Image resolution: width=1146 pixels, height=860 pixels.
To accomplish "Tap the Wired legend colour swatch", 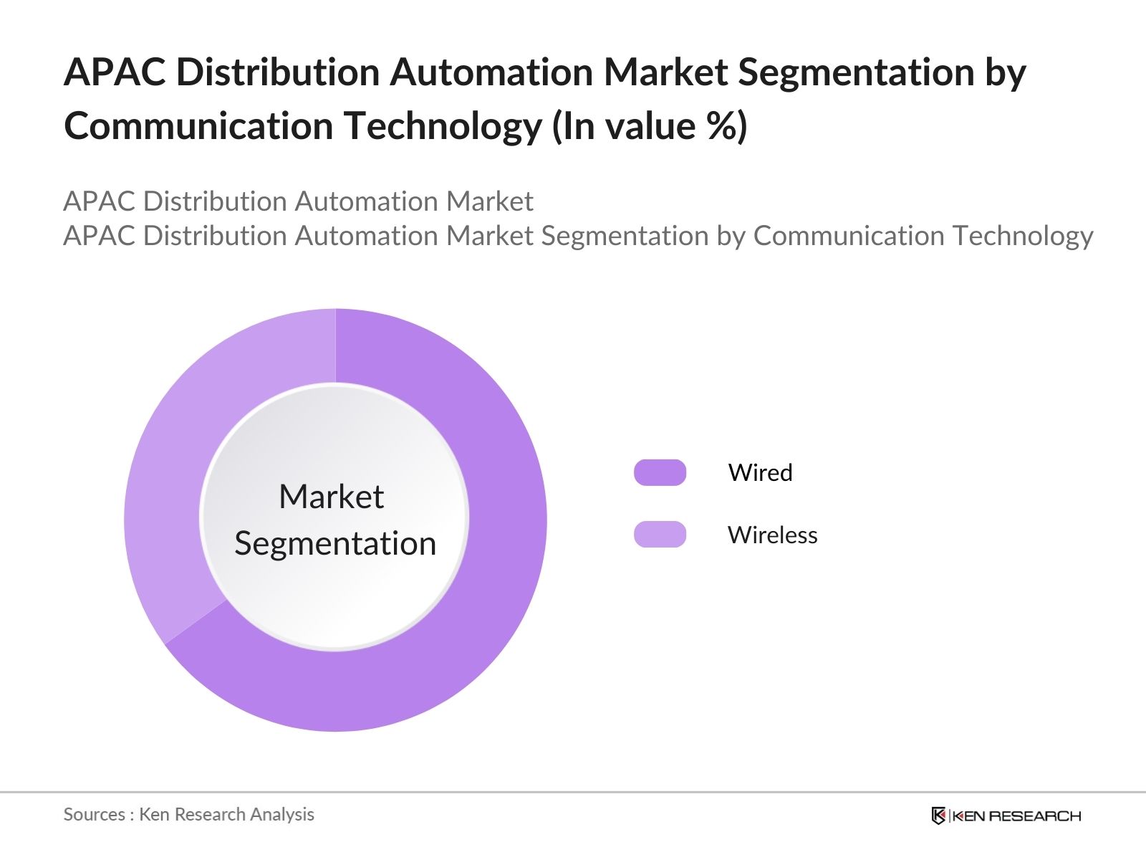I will tap(660, 473).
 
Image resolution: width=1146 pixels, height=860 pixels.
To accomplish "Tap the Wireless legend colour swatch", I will tap(660, 535).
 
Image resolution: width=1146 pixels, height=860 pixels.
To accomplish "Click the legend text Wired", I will tap(760, 473).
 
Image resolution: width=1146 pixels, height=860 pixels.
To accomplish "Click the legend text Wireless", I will tap(772, 535).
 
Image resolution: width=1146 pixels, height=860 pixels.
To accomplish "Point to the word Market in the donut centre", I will tap(331, 497).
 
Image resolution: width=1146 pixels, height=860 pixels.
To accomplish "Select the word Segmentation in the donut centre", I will tap(335, 543).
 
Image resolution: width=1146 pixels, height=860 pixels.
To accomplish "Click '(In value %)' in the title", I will tap(650, 126).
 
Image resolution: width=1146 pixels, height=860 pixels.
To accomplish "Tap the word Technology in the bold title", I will tap(443, 126).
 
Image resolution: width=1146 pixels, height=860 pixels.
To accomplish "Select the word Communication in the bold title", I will tap(198, 126).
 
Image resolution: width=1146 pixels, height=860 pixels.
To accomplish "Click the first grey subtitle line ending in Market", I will tap(298, 201).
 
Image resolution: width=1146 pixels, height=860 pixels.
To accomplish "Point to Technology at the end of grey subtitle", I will tap(1022, 236).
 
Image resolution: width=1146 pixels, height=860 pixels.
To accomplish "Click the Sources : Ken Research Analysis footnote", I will tap(188, 814).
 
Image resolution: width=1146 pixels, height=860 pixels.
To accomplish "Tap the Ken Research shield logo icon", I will tap(938, 816).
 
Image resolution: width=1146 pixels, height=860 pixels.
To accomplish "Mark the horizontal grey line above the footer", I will tap(573, 792).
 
